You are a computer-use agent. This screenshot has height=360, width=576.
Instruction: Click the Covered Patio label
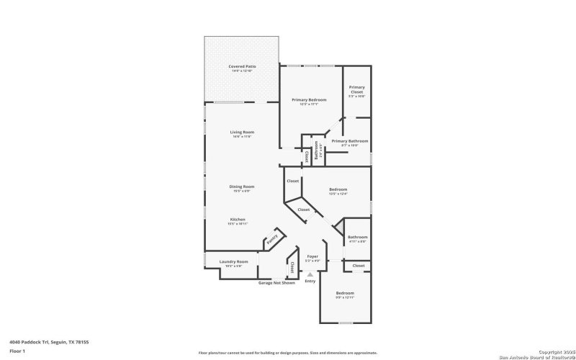[x=242, y=66]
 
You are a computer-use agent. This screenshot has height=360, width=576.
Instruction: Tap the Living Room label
[x=242, y=132]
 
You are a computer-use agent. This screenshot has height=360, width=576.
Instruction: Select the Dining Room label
[x=242, y=186]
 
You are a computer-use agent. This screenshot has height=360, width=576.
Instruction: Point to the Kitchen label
[x=238, y=219]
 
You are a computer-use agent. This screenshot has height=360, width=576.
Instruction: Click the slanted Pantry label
[x=272, y=240]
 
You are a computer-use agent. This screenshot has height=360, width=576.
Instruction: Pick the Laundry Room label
[x=234, y=261]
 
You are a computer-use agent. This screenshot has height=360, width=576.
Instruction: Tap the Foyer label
[x=312, y=256]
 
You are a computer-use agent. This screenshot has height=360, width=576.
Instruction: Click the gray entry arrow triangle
[x=310, y=274]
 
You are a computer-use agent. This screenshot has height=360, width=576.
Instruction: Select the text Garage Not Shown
[x=276, y=283]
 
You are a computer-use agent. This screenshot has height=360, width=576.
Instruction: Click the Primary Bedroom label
[x=309, y=99]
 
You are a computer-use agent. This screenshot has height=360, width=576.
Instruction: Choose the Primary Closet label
[x=357, y=89]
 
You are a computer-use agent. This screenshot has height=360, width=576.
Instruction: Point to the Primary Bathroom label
[x=350, y=141]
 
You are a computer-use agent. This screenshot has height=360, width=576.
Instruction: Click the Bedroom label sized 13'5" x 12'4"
[x=338, y=189]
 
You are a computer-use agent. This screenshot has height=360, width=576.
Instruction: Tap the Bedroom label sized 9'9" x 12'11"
[x=345, y=293]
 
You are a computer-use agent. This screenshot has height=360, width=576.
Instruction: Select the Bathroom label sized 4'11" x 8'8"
[x=358, y=237]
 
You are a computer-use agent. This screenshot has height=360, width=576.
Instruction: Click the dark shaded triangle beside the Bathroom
[x=339, y=228]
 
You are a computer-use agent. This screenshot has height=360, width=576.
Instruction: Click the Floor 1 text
[x=17, y=351]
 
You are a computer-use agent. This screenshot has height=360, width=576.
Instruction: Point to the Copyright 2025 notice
[x=552, y=352]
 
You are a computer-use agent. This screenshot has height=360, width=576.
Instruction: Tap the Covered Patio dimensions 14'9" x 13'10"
[x=242, y=71]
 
